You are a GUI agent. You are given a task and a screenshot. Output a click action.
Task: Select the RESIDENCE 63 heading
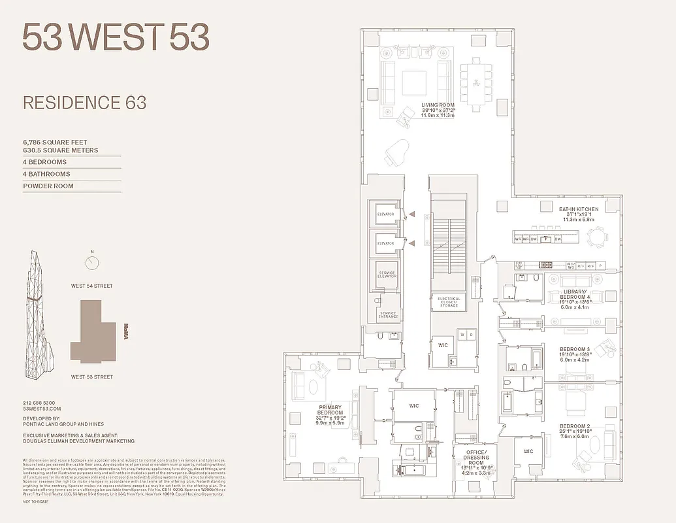coord(84,103)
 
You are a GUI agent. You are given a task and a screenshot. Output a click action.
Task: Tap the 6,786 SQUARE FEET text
coord(55,142)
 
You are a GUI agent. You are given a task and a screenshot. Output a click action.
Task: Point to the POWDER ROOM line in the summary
coord(48,186)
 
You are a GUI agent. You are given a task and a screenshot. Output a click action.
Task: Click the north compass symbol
coord(92,263)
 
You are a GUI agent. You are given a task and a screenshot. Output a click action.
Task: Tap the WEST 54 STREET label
coord(92,286)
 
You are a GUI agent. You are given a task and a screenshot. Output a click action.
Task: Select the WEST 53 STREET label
coord(92,377)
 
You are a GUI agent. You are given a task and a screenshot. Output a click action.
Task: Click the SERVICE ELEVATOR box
coord(387,273)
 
